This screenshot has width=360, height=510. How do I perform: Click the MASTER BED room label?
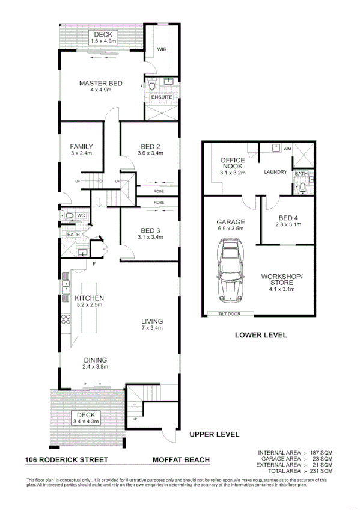point(101,83)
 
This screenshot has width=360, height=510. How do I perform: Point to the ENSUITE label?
point(162,97)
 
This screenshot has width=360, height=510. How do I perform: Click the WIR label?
point(162,49)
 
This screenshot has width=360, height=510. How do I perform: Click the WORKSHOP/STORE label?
point(282,280)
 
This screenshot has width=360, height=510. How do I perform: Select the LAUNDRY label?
point(276,173)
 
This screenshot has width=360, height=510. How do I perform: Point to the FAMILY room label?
point(81,146)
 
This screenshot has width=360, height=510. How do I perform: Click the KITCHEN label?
point(90,298)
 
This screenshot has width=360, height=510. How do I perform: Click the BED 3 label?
point(150,230)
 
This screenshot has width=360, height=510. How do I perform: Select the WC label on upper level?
point(81,215)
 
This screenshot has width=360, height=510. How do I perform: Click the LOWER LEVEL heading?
point(260,335)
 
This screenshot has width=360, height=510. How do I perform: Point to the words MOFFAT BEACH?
point(181,460)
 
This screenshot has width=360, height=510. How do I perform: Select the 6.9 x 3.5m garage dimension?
point(231,229)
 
